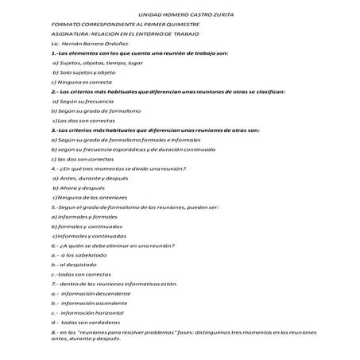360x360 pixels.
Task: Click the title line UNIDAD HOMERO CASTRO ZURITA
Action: pyautogui.click(x=180, y=15)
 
